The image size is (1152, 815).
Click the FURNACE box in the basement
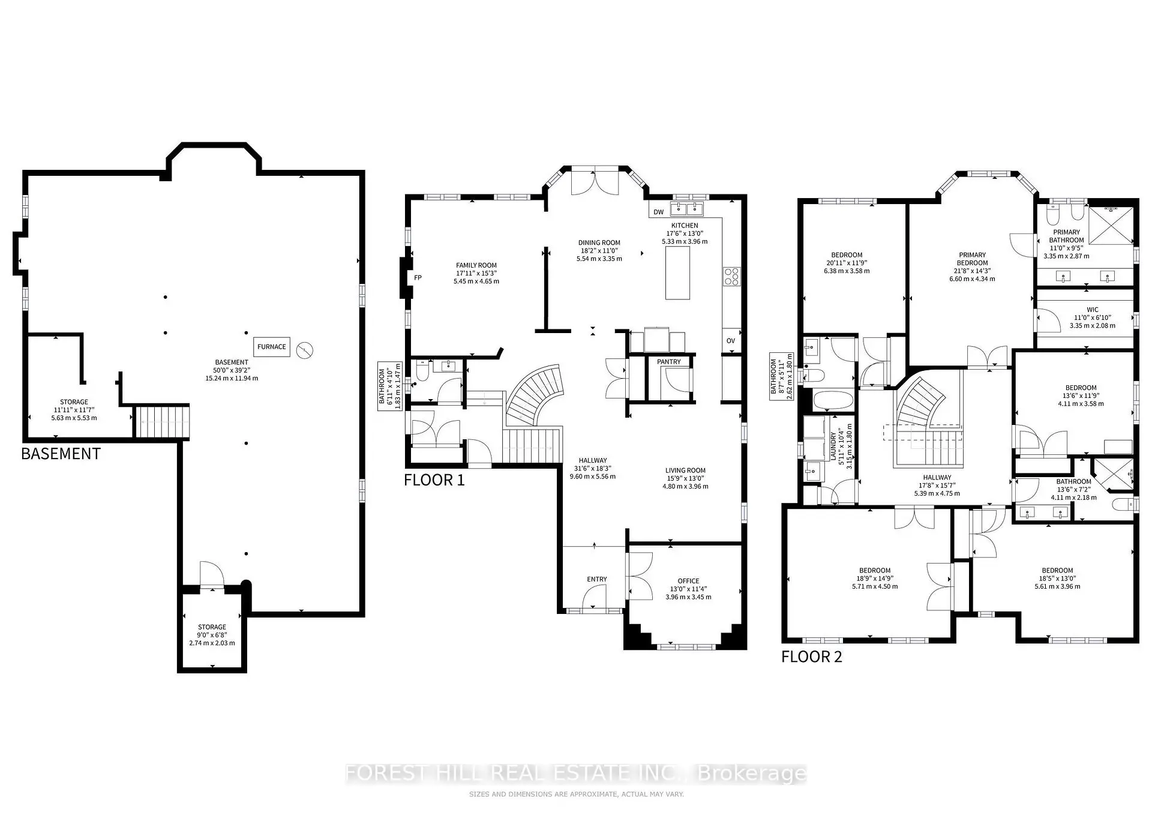coord(272,347)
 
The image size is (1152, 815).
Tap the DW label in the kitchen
coord(658,212)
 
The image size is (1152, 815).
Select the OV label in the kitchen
coord(731,341)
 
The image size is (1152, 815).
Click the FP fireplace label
coord(418,278)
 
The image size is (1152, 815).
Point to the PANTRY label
coord(669,362)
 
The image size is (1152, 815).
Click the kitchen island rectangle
coord(677,272)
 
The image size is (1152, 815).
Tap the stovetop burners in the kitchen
coord(732,276)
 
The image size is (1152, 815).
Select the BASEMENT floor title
coord(61,454)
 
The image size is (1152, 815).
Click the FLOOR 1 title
coord(434,480)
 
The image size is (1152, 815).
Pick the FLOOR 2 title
coord(812,657)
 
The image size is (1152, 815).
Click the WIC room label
coord(1093,310)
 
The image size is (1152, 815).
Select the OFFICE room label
coord(688,581)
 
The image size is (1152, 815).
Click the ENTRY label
coord(597,579)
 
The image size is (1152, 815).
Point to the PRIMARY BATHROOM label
coord(1067,236)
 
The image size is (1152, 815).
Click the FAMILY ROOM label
coord(476,265)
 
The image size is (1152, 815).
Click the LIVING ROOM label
coord(685,471)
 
